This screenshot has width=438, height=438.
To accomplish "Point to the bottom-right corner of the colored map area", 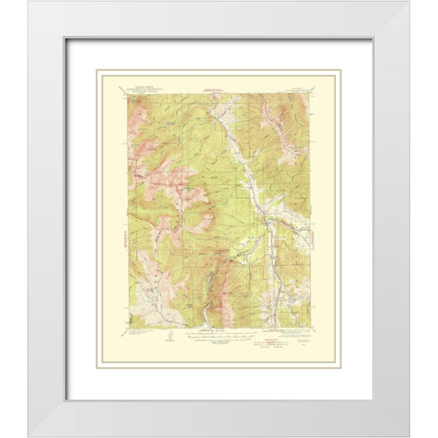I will coord(310,328).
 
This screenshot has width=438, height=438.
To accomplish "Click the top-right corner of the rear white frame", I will coord(409,2).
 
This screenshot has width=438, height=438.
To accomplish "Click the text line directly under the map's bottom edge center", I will coord(219,330).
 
